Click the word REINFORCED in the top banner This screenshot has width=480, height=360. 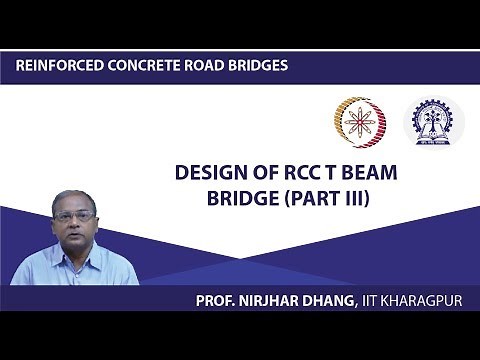click(x=57, y=66)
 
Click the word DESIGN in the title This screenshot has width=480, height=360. click(x=210, y=173)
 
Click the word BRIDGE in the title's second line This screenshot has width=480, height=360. click(x=243, y=197)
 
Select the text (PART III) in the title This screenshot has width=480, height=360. click(x=332, y=197)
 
